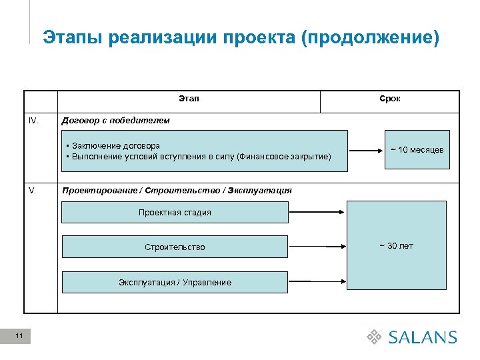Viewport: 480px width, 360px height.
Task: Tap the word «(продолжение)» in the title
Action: pos(371,37)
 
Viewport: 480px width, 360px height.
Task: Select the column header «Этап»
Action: pos(189,99)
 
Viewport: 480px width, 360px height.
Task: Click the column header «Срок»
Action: pos(390,99)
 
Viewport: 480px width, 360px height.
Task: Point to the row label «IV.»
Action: pos(34,121)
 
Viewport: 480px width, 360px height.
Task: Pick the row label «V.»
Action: pos(33,190)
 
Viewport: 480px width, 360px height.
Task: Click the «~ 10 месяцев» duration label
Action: pos(417,150)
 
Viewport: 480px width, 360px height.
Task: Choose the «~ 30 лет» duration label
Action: pos(397,246)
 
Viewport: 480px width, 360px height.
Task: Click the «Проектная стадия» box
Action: pos(175,212)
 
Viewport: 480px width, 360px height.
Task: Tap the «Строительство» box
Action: pos(175,247)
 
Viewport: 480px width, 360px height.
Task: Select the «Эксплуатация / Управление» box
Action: pos(175,282)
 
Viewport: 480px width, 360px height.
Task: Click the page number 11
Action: pos(19,336)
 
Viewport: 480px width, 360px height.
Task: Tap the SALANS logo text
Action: pos(423,337)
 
